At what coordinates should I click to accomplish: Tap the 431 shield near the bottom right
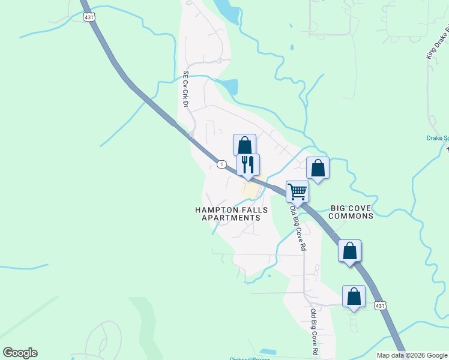(380, 306)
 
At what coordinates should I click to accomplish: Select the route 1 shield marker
(221, 164)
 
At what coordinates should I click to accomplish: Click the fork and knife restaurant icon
(248, 164)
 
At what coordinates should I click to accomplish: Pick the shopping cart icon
(297, 191)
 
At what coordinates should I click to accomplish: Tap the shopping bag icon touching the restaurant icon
(244, 145)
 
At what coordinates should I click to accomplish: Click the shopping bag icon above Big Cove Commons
(318, 167)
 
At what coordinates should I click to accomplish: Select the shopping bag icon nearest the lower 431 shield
(354, 296)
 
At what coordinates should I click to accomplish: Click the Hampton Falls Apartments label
(231, 214)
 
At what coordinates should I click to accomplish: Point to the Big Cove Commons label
(352, 212)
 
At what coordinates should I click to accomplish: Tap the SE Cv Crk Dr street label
(185, 90)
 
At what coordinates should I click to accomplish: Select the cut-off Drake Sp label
(438, 137)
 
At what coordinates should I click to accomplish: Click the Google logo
(20, 353)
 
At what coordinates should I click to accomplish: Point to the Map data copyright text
(411, 355)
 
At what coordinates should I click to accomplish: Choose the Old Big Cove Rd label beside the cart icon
(298, 229)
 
